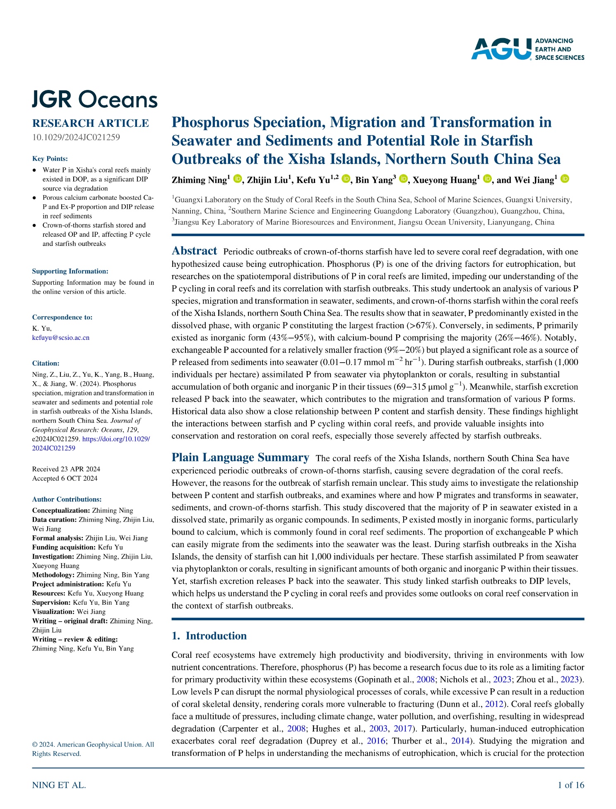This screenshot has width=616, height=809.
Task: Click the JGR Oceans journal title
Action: click(95, 100)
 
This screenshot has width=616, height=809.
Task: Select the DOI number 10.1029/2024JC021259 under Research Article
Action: click(76, 137)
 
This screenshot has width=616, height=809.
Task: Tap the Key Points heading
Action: click(50, 159)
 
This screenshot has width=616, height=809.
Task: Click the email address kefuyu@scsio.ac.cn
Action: click(61, 337)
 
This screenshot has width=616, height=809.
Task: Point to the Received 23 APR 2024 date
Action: click(66, 469)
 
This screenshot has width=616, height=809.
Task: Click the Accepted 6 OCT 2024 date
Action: click(65, 478)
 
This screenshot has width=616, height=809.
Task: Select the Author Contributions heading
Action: click(67, 499)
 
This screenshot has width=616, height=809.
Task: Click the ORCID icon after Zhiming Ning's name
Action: click(237, 179)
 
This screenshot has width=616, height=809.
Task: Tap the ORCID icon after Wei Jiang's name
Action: click(565, 179)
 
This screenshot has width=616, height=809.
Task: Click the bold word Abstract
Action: click(194, 251)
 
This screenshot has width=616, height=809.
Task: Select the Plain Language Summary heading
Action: click(240, 458)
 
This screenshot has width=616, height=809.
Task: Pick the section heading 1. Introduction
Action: click(209, 636)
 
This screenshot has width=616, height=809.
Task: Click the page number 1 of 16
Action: click(571, 785)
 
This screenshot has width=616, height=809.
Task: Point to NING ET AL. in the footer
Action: click(59, 785)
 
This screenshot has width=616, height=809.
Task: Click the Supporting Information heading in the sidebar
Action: click(70, 271)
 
